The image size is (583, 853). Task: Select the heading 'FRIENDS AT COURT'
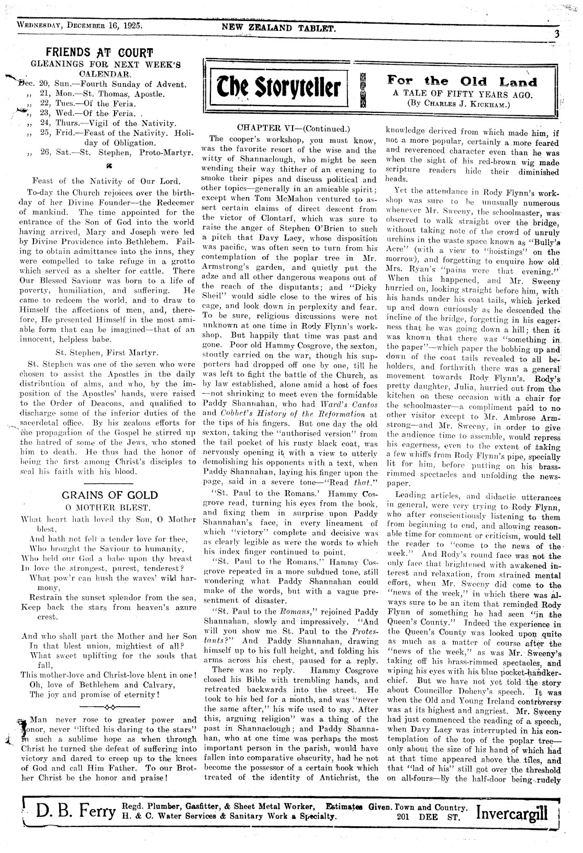pyautogui.click(x=99, y=53)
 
